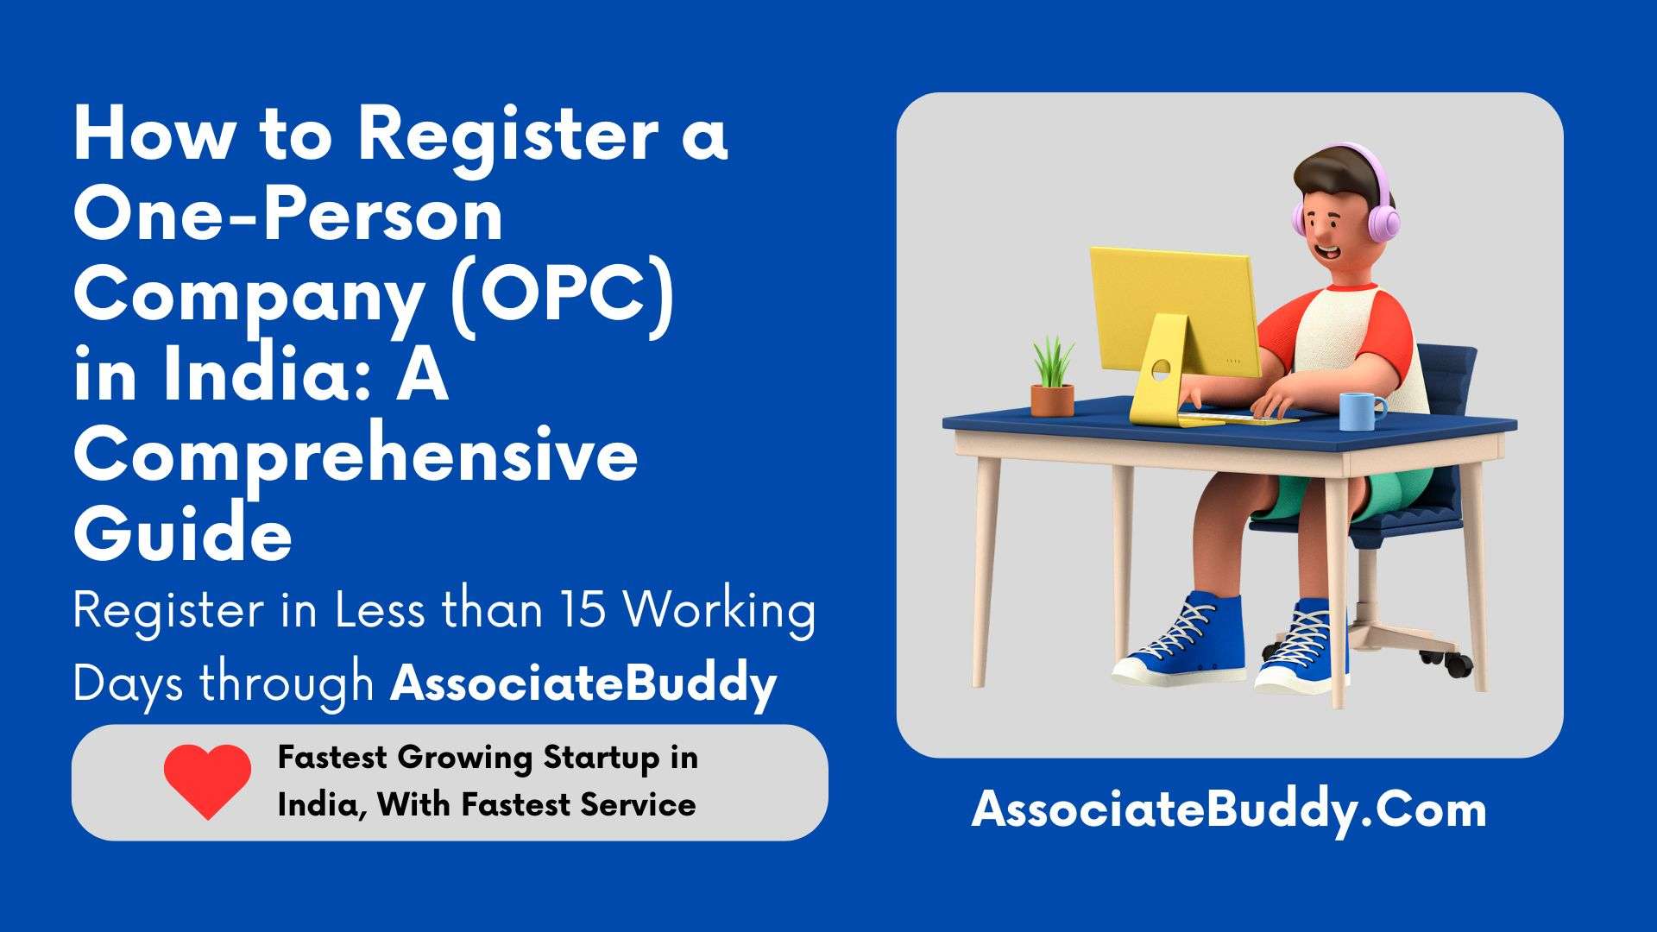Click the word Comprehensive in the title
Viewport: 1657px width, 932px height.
pyautogui.click(x=356, y=456)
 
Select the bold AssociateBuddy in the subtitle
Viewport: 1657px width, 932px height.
pyautogui.click(x=583, y=684)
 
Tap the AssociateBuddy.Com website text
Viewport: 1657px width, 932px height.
pyautogui.click(x=1229, y=810)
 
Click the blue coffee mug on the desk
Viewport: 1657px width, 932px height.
pyautogui.click(x=1362, y=411)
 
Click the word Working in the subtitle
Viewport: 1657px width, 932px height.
pyautogui.click(x=720, y=612)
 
